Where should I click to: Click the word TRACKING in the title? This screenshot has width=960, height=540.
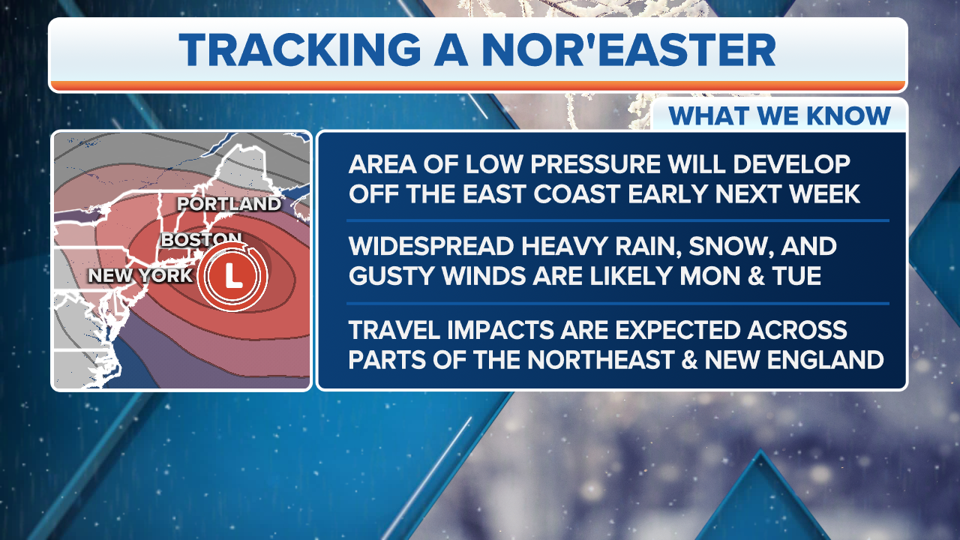300,49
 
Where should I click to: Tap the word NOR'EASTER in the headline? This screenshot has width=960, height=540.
628,49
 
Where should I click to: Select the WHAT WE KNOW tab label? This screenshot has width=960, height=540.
779,115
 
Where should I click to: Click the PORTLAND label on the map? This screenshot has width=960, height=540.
229,204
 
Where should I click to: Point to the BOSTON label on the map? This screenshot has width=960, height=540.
201,239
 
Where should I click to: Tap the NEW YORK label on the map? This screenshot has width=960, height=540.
140,275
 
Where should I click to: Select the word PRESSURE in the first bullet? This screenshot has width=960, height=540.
595,164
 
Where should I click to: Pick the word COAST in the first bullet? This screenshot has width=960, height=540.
577,193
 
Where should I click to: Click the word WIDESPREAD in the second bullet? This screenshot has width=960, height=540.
431,247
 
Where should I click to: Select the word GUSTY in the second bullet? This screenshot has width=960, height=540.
392,275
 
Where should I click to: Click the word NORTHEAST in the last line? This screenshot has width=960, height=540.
600,359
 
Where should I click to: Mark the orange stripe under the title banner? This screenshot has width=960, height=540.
478,85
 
